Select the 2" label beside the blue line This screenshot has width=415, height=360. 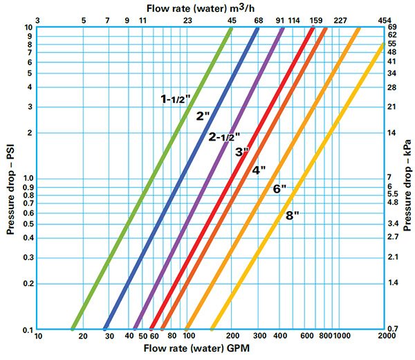(203, 116)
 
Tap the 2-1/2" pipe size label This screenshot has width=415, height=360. (224, 137)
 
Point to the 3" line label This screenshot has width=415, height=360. (241, 152)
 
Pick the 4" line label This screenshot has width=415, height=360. (259, 170)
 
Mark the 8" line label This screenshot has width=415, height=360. (292, 215)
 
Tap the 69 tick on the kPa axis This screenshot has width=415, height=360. (392, 27)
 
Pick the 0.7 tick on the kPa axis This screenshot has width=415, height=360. (392, 328)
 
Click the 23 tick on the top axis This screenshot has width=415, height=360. (187, 19)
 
